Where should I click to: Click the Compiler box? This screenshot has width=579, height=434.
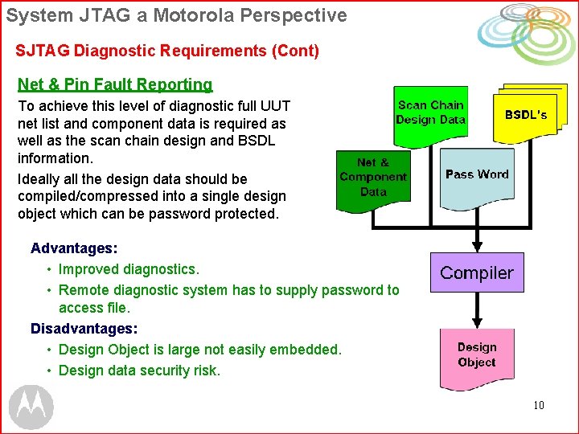pos(476,273)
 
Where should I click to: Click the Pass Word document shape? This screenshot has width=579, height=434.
pos(476,174)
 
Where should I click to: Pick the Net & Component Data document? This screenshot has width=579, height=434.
pos(372,178)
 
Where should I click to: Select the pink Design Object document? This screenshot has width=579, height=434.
pos(476,356)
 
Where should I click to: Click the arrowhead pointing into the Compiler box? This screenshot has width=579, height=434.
pos(477,245)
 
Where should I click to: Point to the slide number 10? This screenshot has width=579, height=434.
pos(538,405)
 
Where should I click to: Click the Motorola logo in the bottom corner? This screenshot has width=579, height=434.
pos(31,407)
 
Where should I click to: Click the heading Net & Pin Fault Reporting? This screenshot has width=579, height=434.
pos(115,84)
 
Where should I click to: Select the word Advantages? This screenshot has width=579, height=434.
pos(74,248)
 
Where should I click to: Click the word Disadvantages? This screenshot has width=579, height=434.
pos(84,329)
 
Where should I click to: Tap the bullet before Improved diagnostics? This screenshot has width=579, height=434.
pos(50,269)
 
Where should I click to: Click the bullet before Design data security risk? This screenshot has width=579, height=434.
pos(50,371)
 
